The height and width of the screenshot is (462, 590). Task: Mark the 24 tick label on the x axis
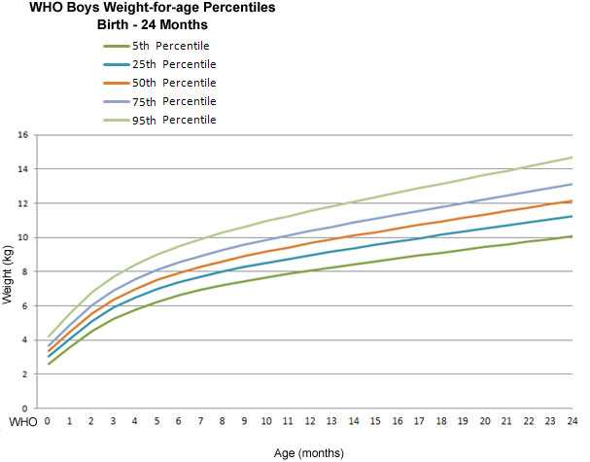pos(573,422)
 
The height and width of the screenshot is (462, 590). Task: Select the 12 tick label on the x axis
pos(310,422)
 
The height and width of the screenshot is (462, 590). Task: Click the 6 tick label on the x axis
pos(179,422)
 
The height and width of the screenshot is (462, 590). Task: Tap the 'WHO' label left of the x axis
pos(21,422)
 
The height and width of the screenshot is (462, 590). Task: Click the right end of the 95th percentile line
pos(573,158)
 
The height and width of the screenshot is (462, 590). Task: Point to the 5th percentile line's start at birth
pos(48,364)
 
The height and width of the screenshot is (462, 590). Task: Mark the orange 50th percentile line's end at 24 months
pos(573,201)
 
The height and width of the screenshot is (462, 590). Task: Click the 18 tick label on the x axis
pos(441,422)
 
